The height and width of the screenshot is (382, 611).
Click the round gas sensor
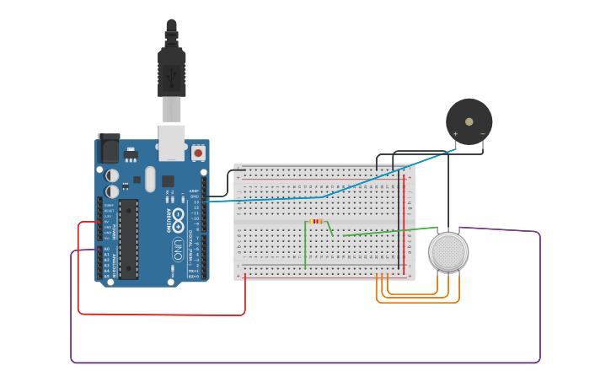tap(448, 252)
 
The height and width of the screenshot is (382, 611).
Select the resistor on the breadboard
tap(316, 221)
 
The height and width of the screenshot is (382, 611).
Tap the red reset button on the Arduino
tap(198, 153)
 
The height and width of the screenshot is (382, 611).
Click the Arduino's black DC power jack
tap(109, 148)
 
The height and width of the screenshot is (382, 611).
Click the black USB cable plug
tap(171, 72)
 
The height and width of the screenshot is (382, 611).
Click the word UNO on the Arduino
tap(178, 250)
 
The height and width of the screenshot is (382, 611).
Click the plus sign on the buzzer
tap(455, 133)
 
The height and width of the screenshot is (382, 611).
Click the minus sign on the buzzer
tap(483, 133)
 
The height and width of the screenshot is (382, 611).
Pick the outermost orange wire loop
tap(417, 302)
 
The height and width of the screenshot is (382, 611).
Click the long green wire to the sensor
tap(388, 232)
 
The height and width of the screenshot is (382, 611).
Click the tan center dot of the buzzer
tap(469, 121)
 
